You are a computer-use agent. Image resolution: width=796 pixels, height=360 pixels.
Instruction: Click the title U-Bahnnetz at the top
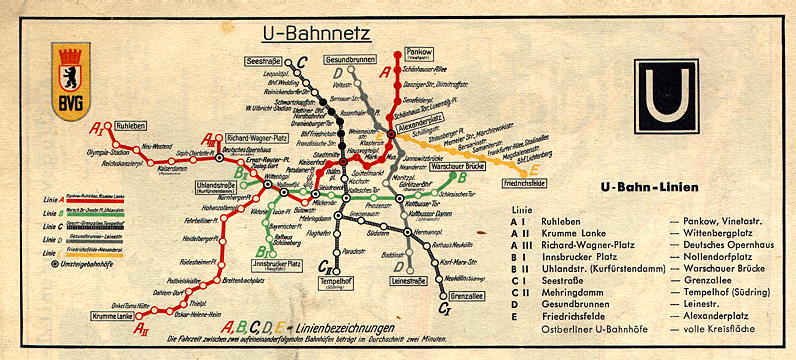click(317, 35)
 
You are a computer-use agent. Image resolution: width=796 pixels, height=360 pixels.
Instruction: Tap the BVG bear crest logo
click(70, 81)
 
